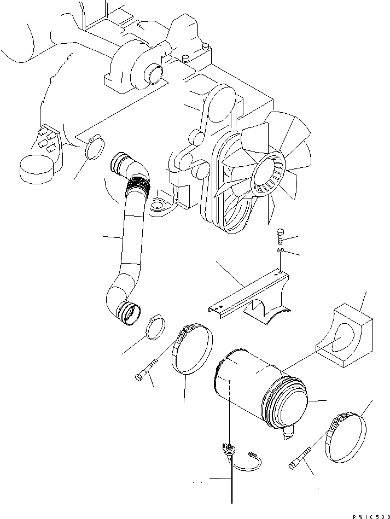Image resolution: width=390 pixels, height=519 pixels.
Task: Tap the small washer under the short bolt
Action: click(x=281, y=250)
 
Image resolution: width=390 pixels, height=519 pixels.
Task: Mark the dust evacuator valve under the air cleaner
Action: click(x=289, y=435)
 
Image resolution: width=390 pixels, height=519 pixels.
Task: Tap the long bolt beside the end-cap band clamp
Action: click(x=300, y=456)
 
